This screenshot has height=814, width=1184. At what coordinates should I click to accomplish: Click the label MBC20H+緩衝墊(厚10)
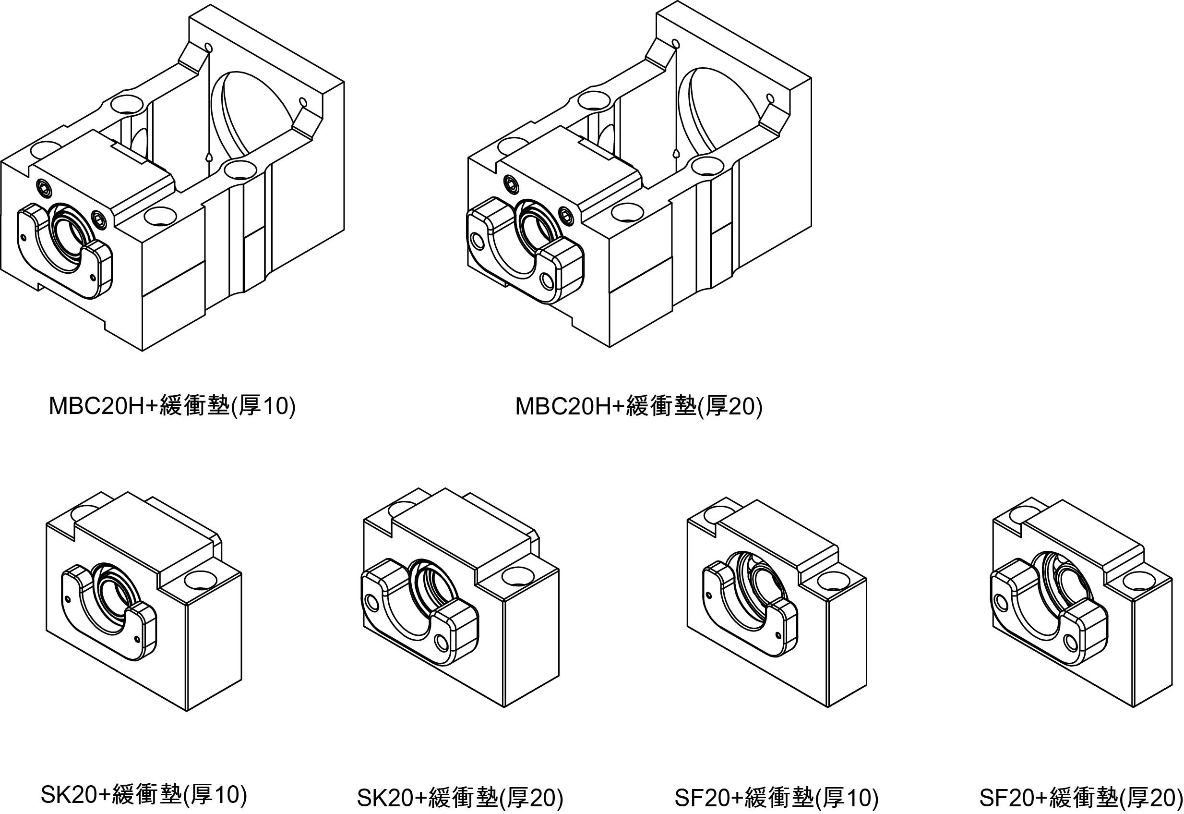tap(172, 406)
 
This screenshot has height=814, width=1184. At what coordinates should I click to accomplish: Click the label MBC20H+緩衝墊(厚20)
tap(639, 406)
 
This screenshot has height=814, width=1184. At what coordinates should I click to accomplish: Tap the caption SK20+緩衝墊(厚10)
tap(144, 794)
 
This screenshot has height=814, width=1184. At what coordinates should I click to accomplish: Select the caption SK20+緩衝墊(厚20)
tap(460, 798)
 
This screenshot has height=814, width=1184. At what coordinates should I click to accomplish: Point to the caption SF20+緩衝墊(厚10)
tap(776, 798)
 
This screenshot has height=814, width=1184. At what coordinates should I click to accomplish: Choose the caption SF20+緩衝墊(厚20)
tap(1080, 798)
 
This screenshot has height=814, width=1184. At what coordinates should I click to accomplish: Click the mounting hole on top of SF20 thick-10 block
tap(834, 582)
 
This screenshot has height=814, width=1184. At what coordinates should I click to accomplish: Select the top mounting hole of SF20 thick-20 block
tap(1140, 582)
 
